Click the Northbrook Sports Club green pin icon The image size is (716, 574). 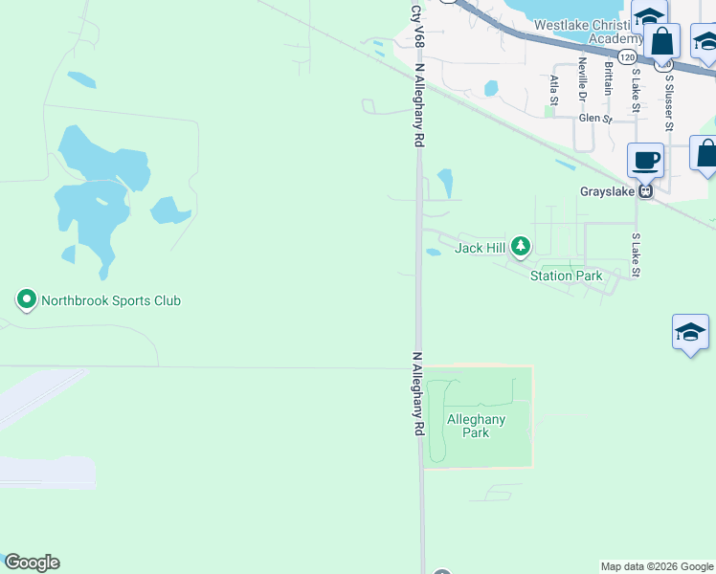coord(27,300)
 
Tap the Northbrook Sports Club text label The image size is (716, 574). coord(111,300)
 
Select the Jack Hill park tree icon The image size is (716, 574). coord(520,248)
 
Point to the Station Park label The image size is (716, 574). coord(567,276)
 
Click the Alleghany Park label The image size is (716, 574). coord(476,426)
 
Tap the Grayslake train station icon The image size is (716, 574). coord(646,191)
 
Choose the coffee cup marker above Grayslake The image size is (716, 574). coord(645,160)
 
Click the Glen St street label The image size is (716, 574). coord(594,119)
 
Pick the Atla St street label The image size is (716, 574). coord(553,88)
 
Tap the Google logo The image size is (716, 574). coord(32,563)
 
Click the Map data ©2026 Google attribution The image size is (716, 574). coord(657,566)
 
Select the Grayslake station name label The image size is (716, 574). coord(607,191)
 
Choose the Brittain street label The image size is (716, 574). coord(608,78)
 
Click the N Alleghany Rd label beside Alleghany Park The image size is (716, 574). coord(417,394)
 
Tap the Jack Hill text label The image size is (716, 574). coord(480,249)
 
